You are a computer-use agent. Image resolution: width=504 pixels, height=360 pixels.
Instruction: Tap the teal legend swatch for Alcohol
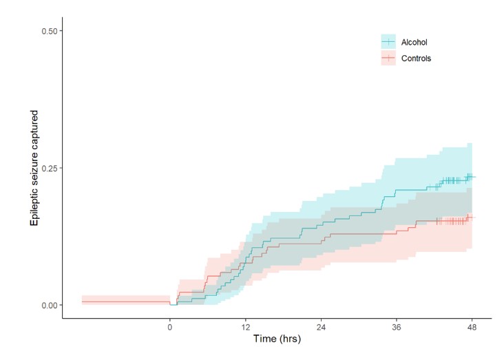[389, 43]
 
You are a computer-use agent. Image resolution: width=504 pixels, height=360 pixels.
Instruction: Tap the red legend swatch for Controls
[389, 59]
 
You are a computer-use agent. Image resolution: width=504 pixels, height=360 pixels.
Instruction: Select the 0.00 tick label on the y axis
[49, 305]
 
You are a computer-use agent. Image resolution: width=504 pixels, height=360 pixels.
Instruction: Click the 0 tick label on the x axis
[170, 328]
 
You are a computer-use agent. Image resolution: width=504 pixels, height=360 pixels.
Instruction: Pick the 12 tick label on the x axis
[245, 328]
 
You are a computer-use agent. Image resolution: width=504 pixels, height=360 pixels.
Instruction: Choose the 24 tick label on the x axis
[321, 328]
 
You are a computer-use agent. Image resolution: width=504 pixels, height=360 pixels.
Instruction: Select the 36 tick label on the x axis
[397, 328]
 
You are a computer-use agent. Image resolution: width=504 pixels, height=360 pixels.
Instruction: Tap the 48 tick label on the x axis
[472, 328]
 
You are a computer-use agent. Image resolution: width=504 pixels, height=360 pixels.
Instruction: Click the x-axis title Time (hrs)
[277, 340]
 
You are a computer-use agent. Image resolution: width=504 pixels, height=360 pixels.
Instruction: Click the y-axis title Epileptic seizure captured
[32, 167]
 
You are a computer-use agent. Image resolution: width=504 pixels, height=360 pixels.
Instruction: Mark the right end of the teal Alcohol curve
[475, 177]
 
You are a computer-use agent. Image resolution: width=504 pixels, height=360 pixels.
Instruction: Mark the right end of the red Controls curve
[475, 218]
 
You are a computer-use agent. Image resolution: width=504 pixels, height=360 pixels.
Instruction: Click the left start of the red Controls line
[82, 301]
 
